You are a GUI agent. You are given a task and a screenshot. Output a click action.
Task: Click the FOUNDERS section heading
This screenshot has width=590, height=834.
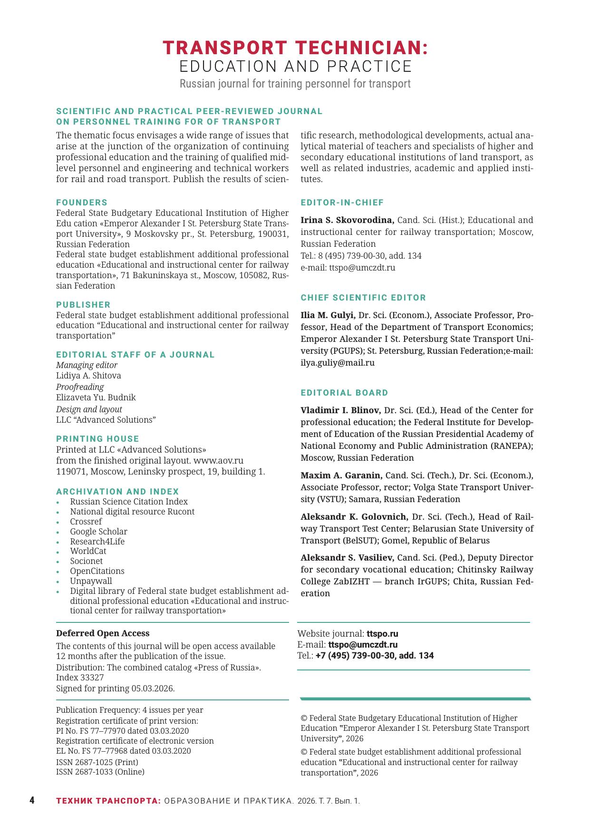[x=82, y=203]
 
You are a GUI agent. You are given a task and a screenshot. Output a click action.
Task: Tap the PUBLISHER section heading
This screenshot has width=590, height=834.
[x=83, y=305]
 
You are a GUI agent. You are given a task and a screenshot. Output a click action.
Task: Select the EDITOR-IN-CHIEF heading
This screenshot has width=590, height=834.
[x=342, y=203]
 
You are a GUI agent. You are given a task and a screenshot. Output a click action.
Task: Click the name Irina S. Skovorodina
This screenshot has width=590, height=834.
[x=347, y=220]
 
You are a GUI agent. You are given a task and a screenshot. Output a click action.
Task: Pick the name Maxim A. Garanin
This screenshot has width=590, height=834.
[x=341, y=475]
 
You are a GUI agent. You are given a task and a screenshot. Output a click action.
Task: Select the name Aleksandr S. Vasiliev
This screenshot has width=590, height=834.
[x=347, y=558]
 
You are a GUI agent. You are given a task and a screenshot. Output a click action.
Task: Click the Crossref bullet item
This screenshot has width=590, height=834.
[x=86, y=522]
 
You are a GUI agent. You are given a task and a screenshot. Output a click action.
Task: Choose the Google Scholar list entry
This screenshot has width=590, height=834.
[x=98, y=532]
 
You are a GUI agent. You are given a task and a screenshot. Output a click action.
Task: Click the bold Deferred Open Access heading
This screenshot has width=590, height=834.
[x=103, y=633]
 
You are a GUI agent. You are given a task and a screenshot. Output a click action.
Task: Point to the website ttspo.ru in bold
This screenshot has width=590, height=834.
[x=382, y=634]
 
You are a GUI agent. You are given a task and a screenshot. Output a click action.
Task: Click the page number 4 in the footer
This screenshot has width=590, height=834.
[x=32, y=801]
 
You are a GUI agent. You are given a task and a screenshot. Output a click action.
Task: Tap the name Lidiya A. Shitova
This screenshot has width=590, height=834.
[x=88, y=376]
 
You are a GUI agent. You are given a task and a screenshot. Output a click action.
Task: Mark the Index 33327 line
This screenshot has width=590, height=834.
[x=80, y=678]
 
